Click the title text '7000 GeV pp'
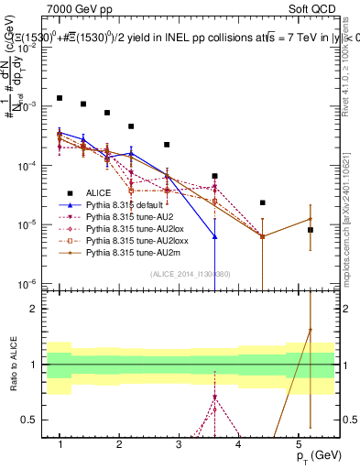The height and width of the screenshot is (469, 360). [x=76, y=8]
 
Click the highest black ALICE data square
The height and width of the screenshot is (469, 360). [x=60, y=97]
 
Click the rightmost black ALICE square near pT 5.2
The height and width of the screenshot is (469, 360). [x=311, y=230]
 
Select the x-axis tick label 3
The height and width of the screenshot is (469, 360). [x=179, y=444]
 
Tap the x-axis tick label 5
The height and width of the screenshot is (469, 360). [x=298, y=444]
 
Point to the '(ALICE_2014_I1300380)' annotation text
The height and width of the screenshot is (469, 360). [x=191, y=274]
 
